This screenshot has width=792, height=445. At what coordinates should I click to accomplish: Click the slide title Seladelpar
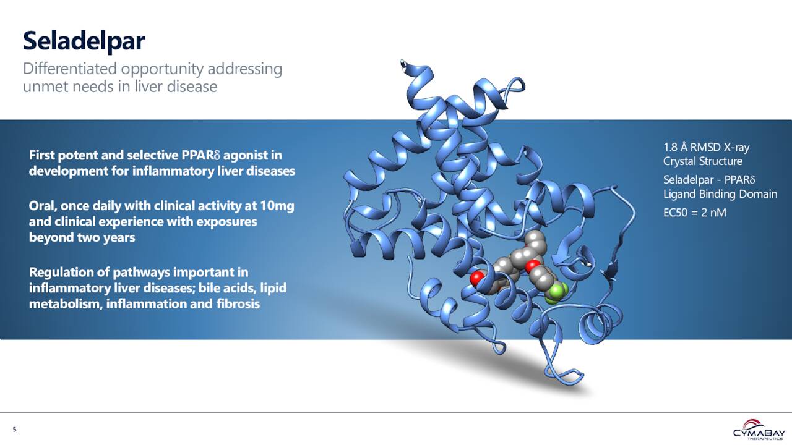(84, 41)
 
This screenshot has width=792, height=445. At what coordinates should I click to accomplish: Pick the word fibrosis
(236, 304)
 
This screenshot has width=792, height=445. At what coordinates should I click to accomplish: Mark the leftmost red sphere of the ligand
(476, 278)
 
